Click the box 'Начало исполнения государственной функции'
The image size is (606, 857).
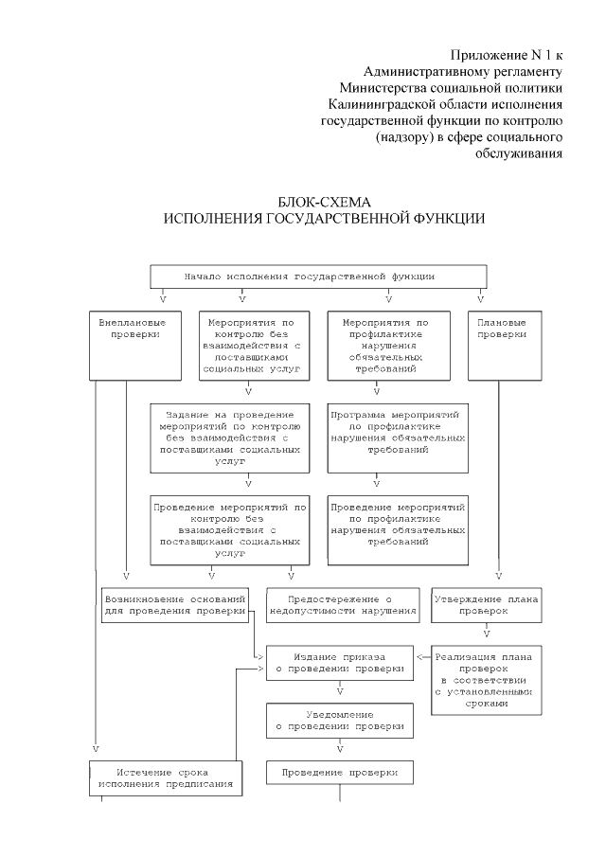point(318,276)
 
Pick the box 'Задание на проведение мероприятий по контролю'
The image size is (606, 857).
point(230,437)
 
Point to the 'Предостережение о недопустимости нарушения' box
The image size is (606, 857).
point(342,605)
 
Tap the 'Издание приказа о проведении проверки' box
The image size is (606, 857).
point(339,663)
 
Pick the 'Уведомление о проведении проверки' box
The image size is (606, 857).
point(339,721)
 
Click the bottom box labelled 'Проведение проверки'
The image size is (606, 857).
point(339,773)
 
